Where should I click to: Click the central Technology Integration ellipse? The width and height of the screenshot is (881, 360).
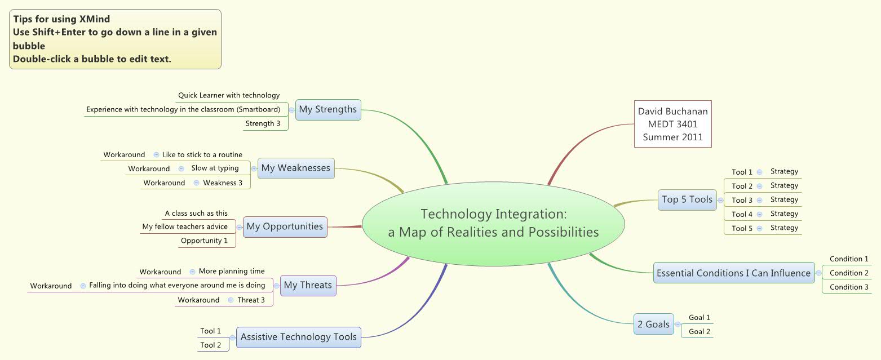(x=493, y=223)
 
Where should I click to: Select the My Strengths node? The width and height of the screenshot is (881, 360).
(x=327, y=109)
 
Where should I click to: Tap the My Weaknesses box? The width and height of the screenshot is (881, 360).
(x=296, y=168)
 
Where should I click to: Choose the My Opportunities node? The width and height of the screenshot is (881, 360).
(x=285, y=226)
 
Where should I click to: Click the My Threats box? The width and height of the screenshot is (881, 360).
(x=308, y=285)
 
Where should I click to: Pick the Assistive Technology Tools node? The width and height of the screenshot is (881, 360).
(x=298, y=337)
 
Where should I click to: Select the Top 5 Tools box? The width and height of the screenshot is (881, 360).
(x=687, y=199)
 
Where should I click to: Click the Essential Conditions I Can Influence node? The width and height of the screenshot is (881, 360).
(x=733, y=273)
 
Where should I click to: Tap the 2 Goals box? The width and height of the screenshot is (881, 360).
(x=653, y=325)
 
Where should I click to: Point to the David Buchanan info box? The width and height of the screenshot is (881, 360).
(x=672, y=124)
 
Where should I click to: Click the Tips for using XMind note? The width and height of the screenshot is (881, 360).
(x=115, y=39)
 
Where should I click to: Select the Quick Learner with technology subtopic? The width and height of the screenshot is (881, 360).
(x=229, y=96)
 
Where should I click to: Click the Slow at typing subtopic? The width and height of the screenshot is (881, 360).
(x=215, y=168)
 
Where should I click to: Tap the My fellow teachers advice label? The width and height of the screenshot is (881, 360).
(x=185, y=227)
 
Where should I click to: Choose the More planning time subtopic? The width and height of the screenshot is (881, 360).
(x=232, y=272)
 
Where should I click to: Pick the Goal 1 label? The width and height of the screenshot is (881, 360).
(x=700, y=318)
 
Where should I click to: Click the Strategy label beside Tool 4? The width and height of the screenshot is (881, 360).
(x=784, y=214)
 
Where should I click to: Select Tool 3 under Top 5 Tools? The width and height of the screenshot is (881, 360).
(x=742, y=201)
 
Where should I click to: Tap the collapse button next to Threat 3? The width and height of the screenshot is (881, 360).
(x=231, y=300)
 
